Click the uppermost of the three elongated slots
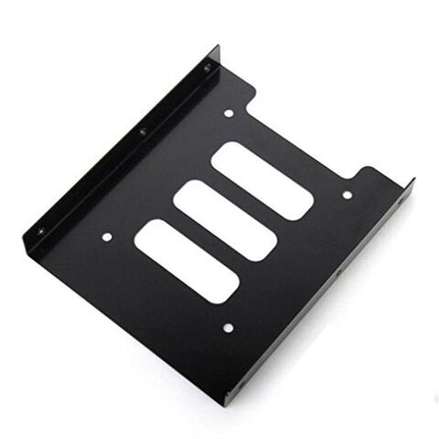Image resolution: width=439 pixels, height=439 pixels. tap(262, 178)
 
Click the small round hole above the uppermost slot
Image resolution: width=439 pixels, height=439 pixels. tap(228, 114)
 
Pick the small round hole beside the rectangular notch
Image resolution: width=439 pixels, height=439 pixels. tap(347, 194)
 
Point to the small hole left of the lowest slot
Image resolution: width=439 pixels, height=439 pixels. tap(107, 237)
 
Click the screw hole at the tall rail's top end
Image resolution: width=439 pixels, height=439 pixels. tap(207, 69)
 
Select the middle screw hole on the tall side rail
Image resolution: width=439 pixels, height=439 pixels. tap(142, 133)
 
